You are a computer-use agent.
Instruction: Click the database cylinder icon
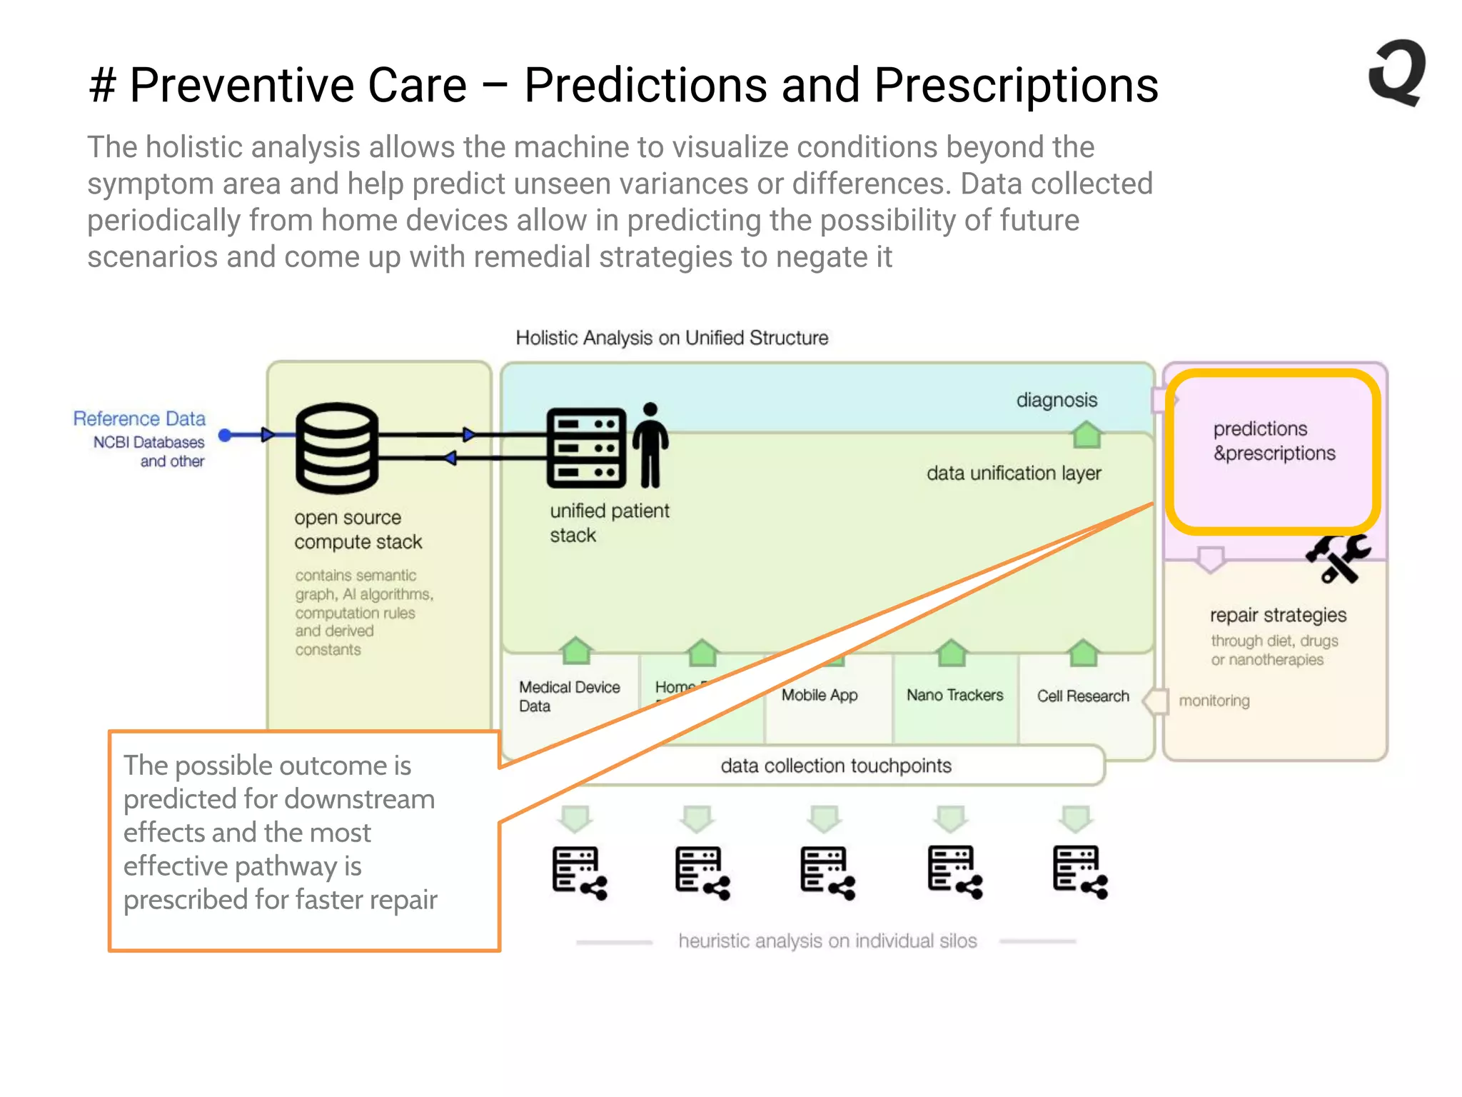[336, 448]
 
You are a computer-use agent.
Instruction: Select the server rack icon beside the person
[586, 448]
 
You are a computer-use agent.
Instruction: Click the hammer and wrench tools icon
[1338, 557]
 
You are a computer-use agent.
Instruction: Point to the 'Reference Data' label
[139, 419]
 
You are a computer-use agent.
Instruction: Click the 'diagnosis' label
[1057, 400]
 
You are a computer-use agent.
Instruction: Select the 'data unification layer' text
[1014, 474]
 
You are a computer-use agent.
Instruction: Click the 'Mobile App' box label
[819, 695]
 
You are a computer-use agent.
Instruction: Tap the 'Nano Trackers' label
[954, 695]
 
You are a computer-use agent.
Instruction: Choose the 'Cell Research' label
[1083, 696]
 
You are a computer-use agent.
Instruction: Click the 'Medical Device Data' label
[569, 696]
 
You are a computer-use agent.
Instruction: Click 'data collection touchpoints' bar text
[836, 766]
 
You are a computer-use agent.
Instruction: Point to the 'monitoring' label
[1214, 701]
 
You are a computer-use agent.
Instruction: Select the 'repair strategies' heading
[1278, 615]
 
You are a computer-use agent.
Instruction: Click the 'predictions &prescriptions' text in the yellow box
[1274, 441]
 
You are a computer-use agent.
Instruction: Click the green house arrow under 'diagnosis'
[1087, 435]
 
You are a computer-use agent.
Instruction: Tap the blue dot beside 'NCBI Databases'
[225, 435]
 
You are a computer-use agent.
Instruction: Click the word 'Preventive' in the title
[298, 86]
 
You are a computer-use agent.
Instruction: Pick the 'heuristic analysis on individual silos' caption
[827, 941]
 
